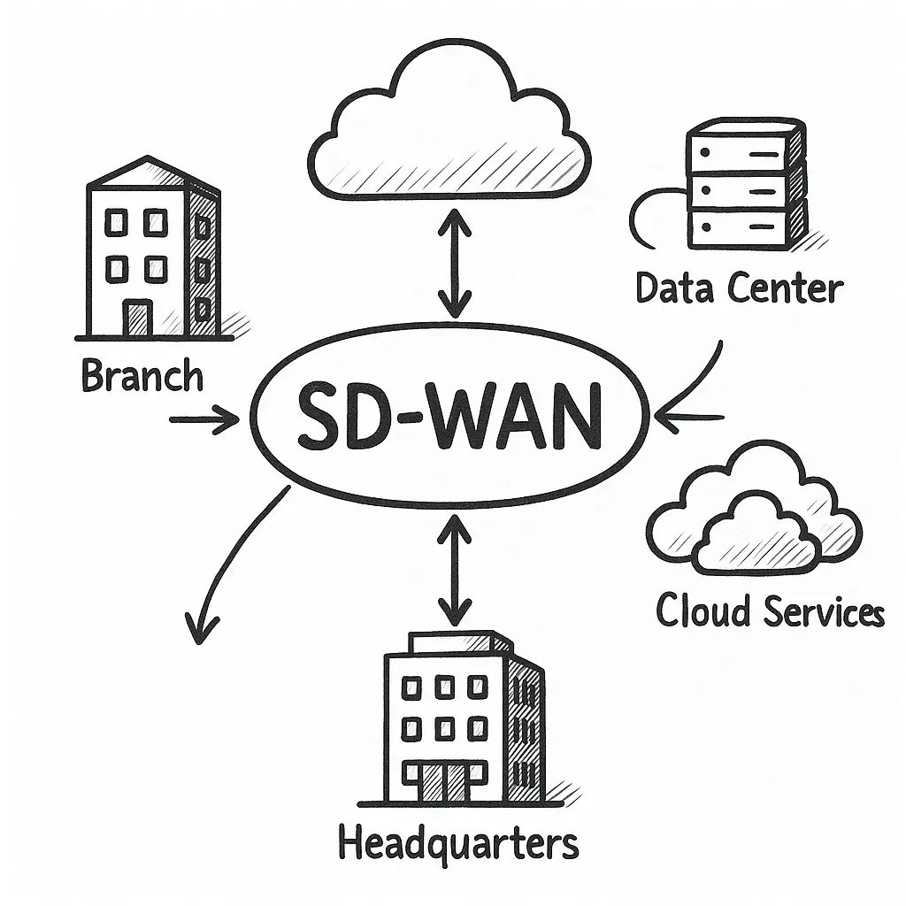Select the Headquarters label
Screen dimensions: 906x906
point(458,843)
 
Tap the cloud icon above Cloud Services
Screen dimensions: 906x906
point(752,513)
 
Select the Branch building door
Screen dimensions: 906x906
point(137,318)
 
